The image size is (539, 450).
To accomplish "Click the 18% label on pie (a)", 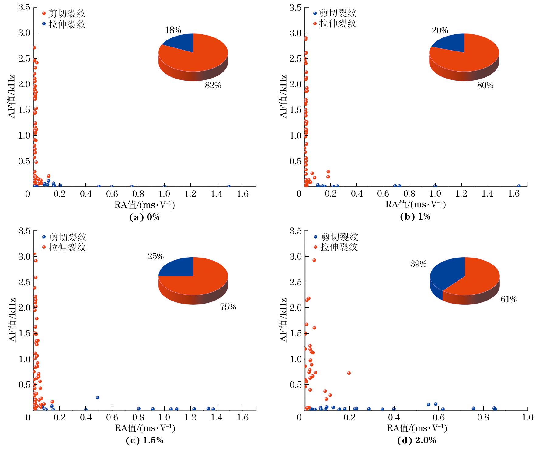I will tap(173, 30).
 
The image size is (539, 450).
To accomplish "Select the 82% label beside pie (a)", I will tap(213, 85).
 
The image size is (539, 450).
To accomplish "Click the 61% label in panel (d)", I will tap(509, 299).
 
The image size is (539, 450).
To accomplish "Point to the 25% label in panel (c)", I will tap(155, 256).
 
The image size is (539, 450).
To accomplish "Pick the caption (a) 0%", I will tap(144, 217).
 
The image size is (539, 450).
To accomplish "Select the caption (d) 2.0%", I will tap(416, 440).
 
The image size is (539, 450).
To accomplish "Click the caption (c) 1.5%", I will tap(144, 440).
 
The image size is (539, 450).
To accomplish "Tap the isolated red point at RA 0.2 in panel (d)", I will tap(349, 373).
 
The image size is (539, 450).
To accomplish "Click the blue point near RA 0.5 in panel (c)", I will tap(98, 398).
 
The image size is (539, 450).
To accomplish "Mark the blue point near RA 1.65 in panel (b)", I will tap(519, 186).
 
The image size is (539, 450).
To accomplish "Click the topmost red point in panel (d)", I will tap(314, 260).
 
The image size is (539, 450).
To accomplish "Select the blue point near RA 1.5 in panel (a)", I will tap(229, 186).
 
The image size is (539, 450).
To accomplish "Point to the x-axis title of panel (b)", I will tap(416, 204).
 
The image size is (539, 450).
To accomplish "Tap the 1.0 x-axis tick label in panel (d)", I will tap(527, 417).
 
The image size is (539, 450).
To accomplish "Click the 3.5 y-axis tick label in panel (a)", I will tap(24, 7).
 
